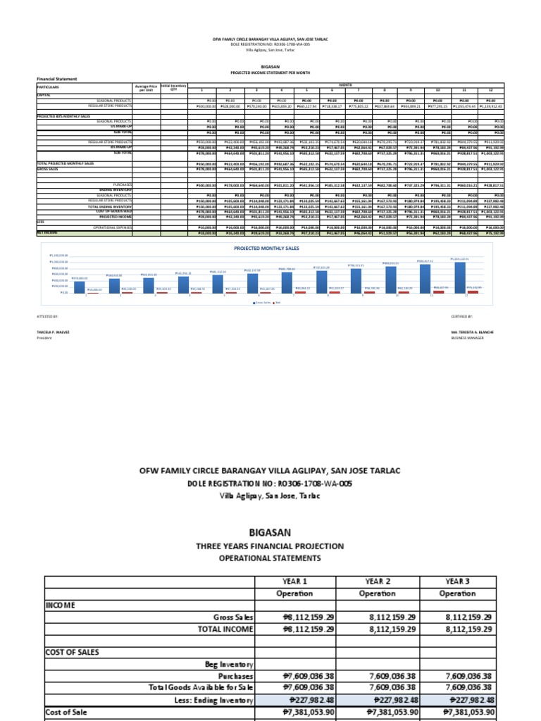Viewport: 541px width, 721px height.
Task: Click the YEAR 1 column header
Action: click(x=294, y=581)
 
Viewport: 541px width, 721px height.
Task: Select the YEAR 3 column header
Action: click(x=457, y=581)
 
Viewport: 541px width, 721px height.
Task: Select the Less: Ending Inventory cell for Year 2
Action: click(x=377, y=700)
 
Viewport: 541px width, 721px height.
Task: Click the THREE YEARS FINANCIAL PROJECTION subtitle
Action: click(x=270, y=546)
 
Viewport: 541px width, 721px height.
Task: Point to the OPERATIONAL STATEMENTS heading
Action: click(x=270, y=558)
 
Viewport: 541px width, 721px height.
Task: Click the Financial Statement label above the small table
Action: click(x=57, y=80)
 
